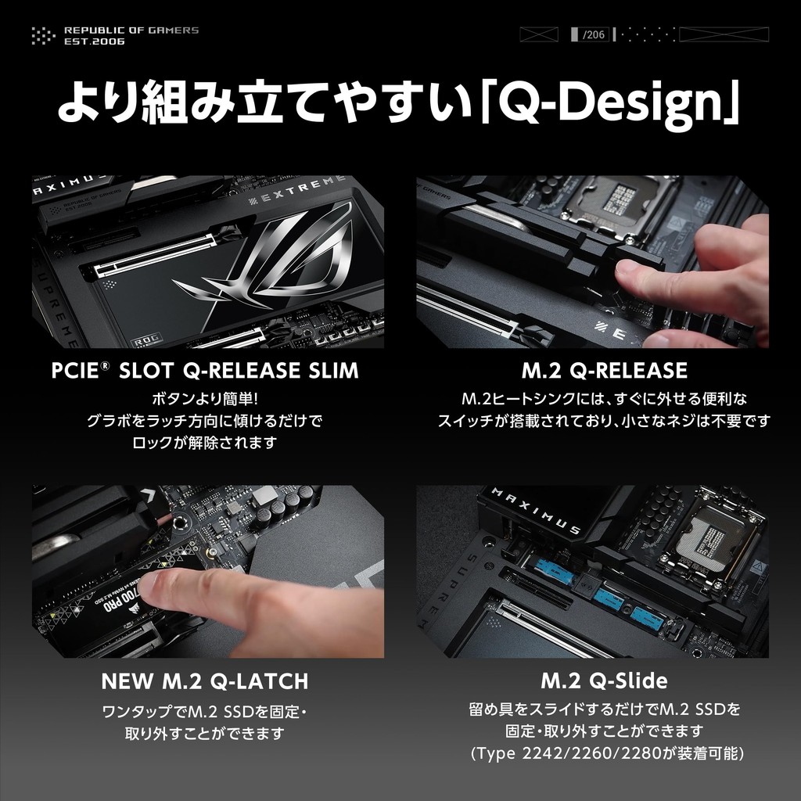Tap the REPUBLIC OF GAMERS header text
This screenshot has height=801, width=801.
pos(131,31)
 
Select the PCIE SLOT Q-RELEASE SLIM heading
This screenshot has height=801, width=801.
pos(205,370)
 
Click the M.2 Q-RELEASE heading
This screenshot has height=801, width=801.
pos(605,370)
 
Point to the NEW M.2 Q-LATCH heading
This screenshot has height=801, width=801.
pos(205,681)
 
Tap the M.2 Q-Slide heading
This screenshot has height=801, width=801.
pos(605,681)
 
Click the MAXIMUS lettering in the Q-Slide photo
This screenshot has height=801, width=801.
pos(537,511)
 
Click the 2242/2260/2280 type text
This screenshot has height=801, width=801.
pos(607,753)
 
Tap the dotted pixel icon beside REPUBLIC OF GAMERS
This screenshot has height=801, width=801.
pos(44,35)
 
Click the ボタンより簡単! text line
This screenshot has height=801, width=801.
pos(205,399)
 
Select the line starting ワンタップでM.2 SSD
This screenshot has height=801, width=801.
pos(205,710)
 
